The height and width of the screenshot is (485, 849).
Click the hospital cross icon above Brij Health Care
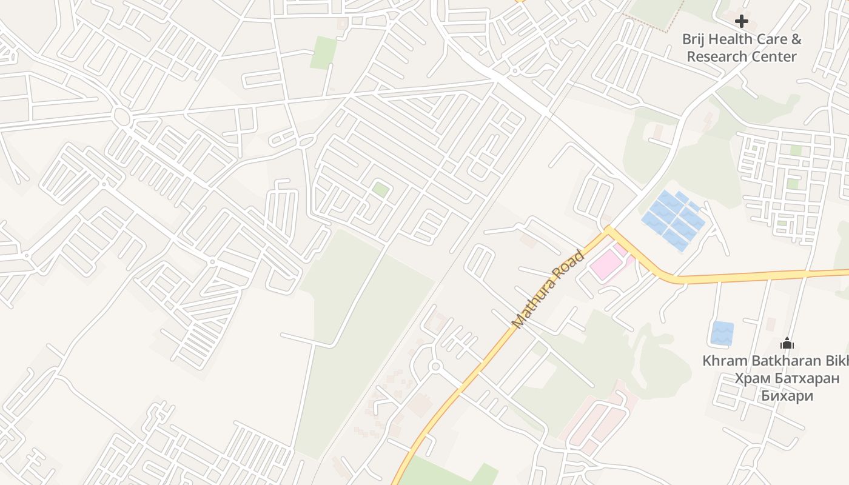[x=741, y=22]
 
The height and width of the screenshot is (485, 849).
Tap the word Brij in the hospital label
[x=695, y=39]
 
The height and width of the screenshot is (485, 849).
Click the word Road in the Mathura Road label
[x=573, y=263]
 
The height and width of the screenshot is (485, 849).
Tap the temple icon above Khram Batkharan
[x=787, y=344]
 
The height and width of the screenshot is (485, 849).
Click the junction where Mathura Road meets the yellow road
[x=609, y=230]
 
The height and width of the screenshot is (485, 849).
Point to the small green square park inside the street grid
[x=381, y=189]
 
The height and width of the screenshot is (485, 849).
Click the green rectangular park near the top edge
[x=323, y=53]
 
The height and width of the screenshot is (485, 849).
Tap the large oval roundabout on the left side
[x=122, y=117]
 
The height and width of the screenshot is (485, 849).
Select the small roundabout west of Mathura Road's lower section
[x=435, y=366]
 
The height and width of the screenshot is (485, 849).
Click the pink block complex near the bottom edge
[x=597, y=418]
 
